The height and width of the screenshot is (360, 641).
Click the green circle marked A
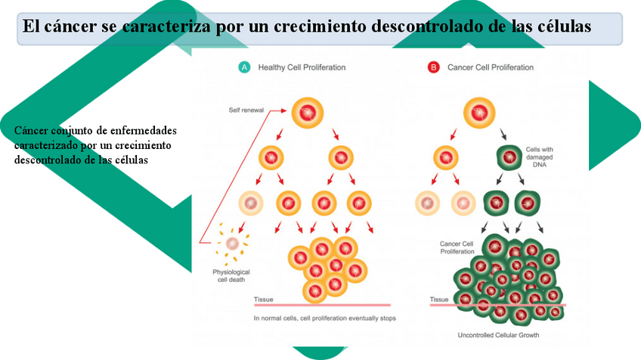[244, 67]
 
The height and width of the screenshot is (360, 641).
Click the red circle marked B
[433, 67]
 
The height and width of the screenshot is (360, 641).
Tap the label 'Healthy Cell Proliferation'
[302, 67]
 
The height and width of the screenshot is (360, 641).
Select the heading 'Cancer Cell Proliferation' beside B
[491, 67]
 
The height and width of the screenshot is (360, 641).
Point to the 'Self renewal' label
[246, 110]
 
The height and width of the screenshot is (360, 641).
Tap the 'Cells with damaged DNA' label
[540, 157]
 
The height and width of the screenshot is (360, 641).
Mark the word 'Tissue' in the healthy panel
[264, 299]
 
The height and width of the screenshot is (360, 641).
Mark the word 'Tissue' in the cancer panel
[439, 299]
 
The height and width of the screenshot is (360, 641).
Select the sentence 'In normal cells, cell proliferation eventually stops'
[324, 318]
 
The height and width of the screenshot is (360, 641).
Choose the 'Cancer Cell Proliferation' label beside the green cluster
[456, 248]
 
